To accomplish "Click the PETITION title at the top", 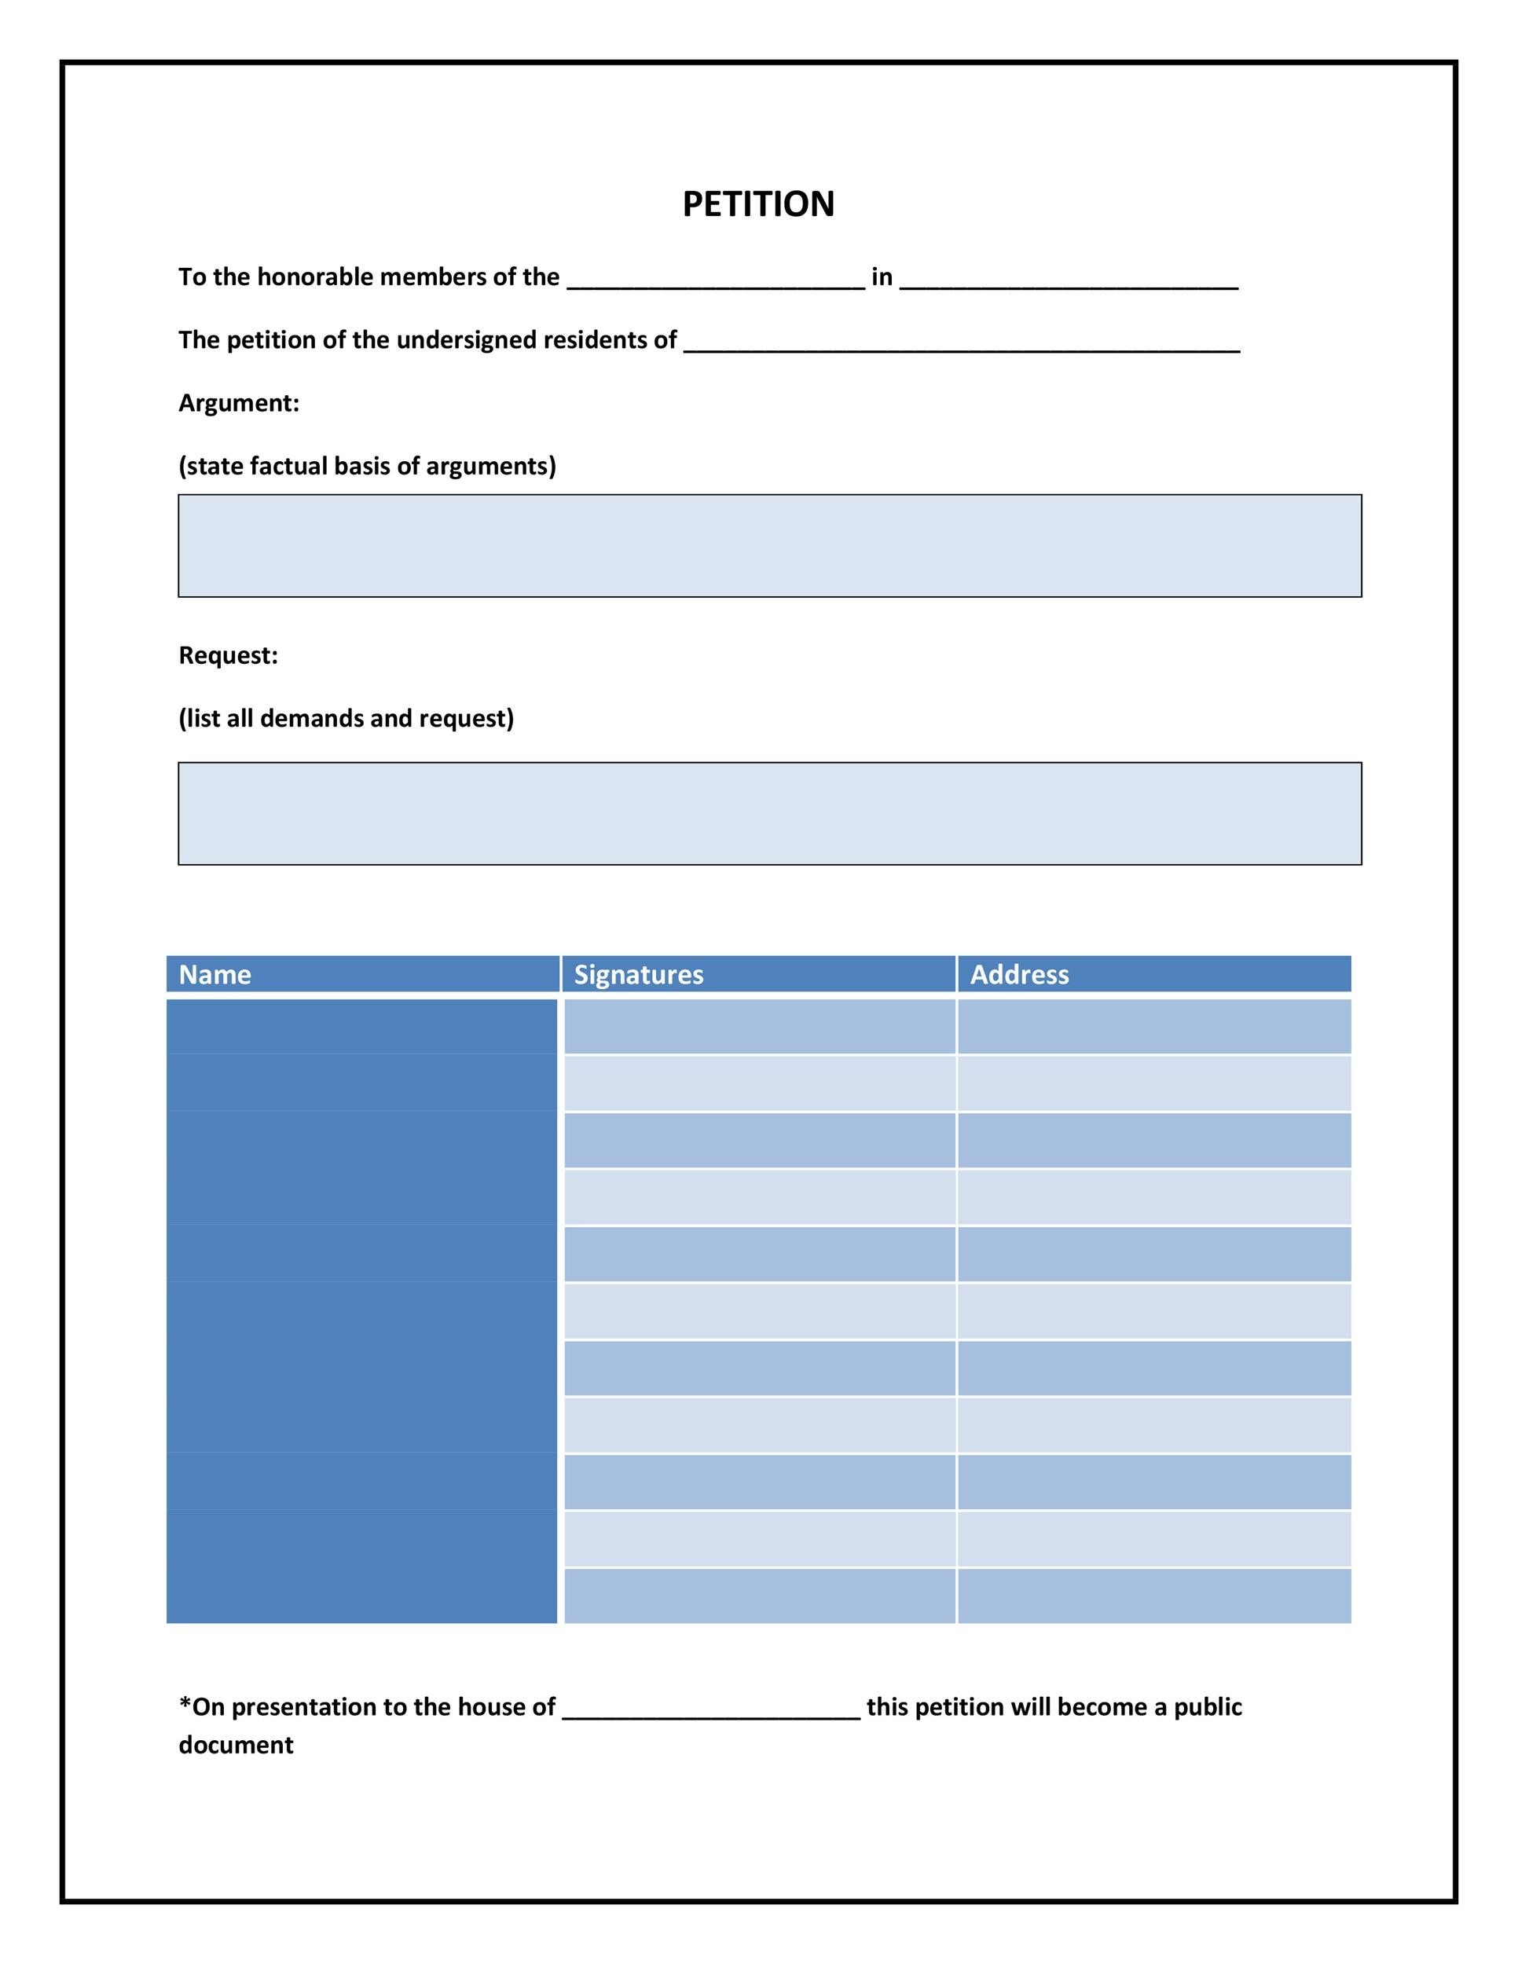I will point(758,204).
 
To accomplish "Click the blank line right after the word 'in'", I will point(1069,280).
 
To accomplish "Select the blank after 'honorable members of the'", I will point(716,280).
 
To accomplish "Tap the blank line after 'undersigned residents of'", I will point(962,343).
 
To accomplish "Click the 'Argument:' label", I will point(238,403).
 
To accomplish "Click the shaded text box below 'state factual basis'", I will point(769,545).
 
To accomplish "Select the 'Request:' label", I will point(229,654).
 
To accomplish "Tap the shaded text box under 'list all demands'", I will point(769,813).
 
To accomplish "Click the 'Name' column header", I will point(215,974).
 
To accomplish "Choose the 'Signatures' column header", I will point(639,974).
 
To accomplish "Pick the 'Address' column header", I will point(1019,974).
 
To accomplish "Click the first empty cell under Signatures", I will point(759,1026).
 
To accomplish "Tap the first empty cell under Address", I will point(1153,1026).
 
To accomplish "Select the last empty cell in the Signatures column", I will point(759,1596).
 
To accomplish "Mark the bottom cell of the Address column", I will point(1153,1596).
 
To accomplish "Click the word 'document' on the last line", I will point(236,1746).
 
